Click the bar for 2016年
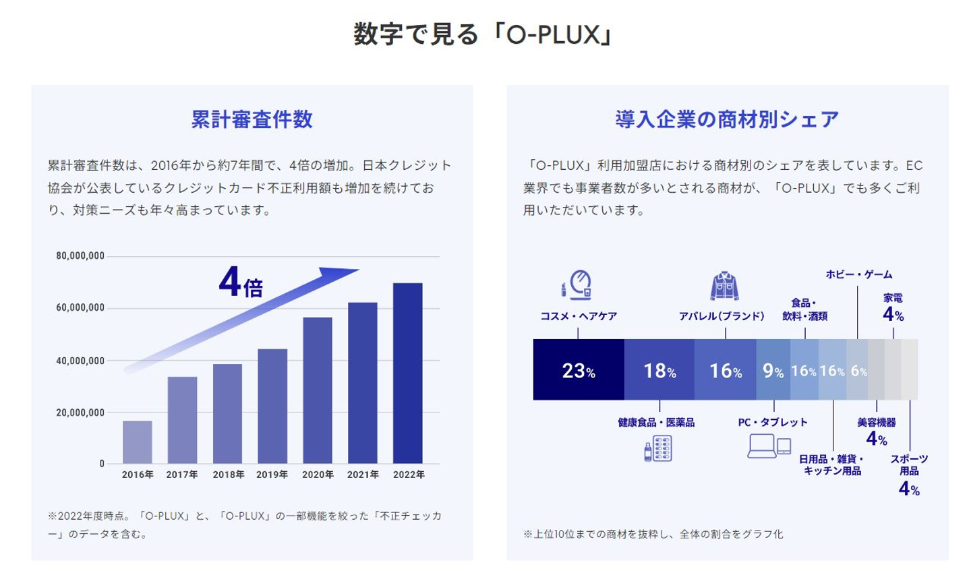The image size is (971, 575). pos(138,442)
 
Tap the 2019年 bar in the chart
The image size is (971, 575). pos(272,406)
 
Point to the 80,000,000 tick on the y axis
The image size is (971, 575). pos(80,256)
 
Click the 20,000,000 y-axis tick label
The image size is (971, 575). pos(80,413)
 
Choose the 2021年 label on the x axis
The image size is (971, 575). pos(363,475)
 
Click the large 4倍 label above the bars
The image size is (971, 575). pos(241,283)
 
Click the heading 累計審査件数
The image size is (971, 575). pos(252,119)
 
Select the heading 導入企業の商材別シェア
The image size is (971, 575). pos(727,119)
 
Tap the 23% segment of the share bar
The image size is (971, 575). pos(579,370)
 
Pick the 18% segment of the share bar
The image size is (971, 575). pos(659,370)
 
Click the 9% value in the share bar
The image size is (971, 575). pos(773,370)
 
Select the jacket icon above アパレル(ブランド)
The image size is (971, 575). pos(724,286)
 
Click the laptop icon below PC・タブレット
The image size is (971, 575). pos(763,446)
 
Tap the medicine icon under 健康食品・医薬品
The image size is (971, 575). pos(658,449)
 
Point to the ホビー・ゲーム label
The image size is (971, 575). pos(858,274)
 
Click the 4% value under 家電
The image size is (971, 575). pos(893,314)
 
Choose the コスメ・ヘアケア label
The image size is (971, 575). pos(579,316)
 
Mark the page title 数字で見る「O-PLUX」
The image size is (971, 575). pos(484,34)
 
